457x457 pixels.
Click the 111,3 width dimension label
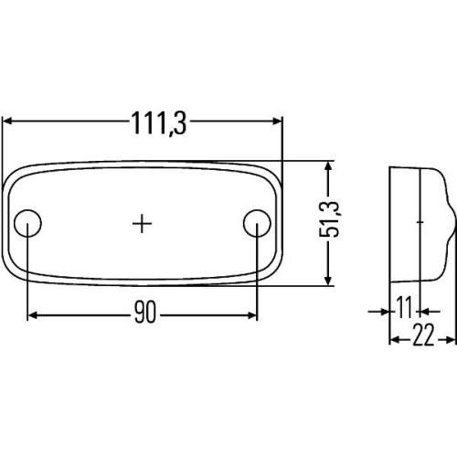[x=159, y=123]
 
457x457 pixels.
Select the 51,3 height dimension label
[x=329, y=218]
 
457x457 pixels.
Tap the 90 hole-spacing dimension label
[x=145, y=312]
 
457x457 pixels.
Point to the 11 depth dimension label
[x=404, y=307]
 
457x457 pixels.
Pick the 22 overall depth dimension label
[x=423, y=335]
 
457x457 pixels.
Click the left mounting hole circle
[x=27, y=223]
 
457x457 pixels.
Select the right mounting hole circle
[x=257, y=223]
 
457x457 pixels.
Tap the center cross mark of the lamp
[x=142, y=224]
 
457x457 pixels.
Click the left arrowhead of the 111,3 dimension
[x=7, y=122]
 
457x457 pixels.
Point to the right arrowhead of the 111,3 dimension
[x=278, y=122]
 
